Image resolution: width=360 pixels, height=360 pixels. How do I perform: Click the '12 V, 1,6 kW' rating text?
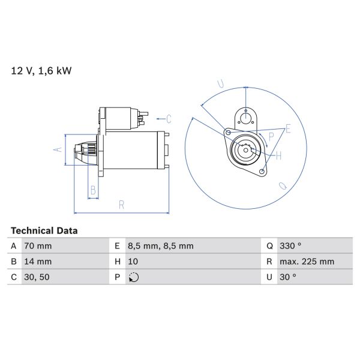(41, 71)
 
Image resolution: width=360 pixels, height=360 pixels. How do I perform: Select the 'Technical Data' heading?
(44, 230)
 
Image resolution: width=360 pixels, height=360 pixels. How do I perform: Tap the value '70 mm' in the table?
(38, 246)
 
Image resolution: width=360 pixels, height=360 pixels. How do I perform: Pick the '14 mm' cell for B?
(38, 262)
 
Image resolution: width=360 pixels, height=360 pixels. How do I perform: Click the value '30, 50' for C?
(37, 277)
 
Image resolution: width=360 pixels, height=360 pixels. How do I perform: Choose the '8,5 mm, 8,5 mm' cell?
(160, 246)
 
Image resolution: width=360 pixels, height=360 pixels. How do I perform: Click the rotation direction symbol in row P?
(133, 277)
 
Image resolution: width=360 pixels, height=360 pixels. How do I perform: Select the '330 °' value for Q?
(292, 246)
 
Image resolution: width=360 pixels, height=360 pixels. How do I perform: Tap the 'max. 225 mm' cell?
(308, 262)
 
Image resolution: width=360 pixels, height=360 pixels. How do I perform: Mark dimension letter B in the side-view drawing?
(92, 191)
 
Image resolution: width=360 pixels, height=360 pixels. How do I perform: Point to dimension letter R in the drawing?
(121, 205)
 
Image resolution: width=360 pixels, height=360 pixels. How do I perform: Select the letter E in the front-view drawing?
(288, 129)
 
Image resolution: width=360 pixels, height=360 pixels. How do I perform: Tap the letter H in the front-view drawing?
(278, 155)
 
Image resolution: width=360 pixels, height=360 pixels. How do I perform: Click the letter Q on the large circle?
(282, 186)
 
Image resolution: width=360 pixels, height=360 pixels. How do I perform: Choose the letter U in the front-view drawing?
(220, 83)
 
